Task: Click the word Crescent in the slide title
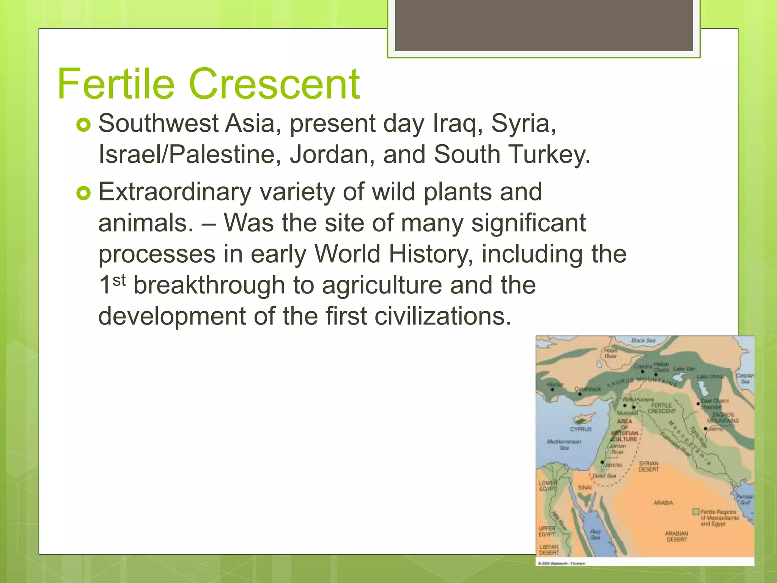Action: pyautogui.click(x=274, y=84)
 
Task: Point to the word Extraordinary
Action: pyautogui.click(x=175, y=192)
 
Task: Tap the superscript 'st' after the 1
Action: pyautogui.click(x=119, y=280)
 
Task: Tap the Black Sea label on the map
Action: pyautogui.click(x=643, y=340)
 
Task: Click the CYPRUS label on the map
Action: pyautogui.click(x=581, y=429)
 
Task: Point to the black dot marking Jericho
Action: pyautogui.click(x=602, y=462)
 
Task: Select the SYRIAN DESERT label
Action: pyautogui.click(x=649, y=466)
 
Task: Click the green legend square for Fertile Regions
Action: pyautogui.click(x=696, y=512)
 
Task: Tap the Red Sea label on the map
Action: pyautogui.click(x=595, y=534)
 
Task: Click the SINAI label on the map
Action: pyautogui.click(x=585, y=487)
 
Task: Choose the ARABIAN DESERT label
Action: pyautogui.click(x=676, y=536)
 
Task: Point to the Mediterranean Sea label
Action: pyautogui.click(x=564, y=444)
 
